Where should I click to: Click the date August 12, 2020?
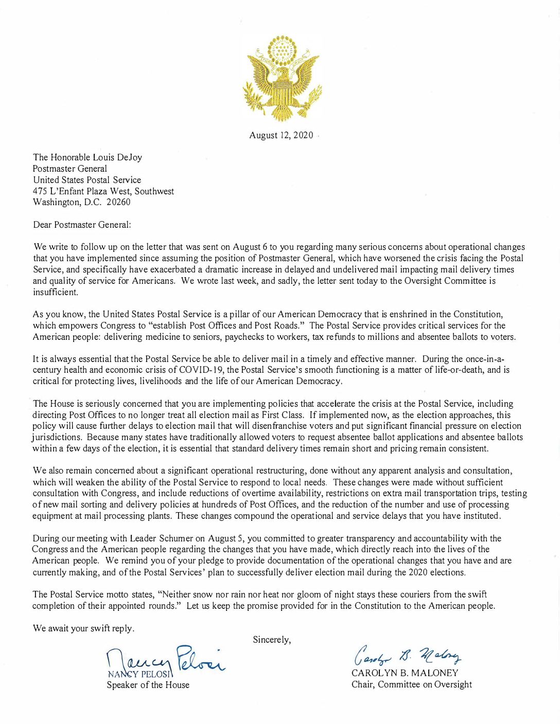click(x=281, y=135)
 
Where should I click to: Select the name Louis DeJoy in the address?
click(x=117, y=157)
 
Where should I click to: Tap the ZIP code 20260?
click(x=118, y=202)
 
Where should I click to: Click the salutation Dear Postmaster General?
click(x=82, y=225)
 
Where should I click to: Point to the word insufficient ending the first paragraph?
click(x=56, y=292)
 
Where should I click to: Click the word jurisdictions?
click(x=57, y=437)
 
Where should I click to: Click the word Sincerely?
click(x=272, y=640)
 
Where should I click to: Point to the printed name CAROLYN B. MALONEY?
click(x=405, y=673)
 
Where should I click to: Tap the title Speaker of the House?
click(x=148, y=685)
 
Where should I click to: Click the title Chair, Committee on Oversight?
click(x=411, y=684)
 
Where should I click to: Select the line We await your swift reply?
click(x=84, y=628)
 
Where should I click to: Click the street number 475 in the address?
click(x=40, y=191)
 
